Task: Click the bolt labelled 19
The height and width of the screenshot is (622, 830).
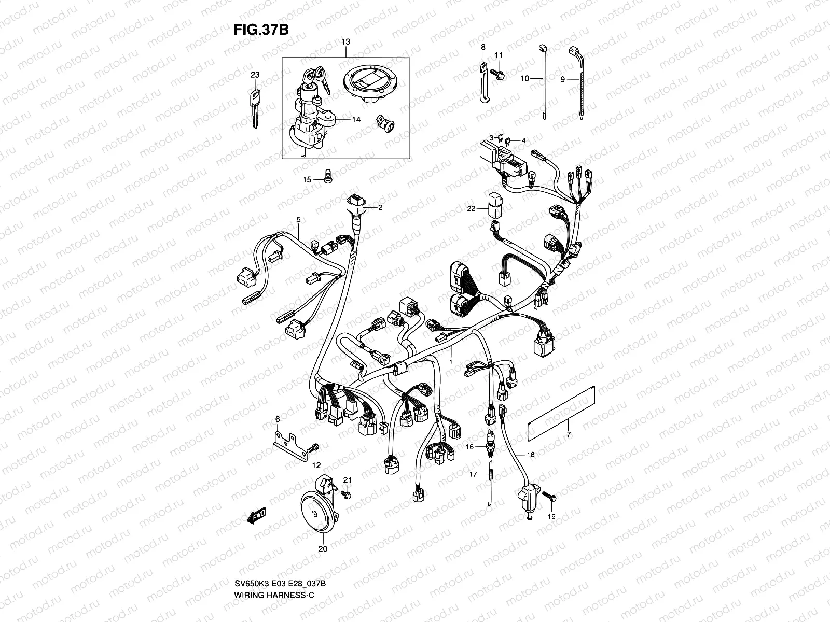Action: click(x=550, y=497)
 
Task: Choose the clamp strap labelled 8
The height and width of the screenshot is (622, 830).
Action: click(x=483, y=82)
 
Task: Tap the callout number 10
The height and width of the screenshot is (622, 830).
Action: click(x=524, y=79)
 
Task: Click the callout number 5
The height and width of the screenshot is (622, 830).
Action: click(x=298, y=220)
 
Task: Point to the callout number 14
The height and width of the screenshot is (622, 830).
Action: click(x=356, y=119)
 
